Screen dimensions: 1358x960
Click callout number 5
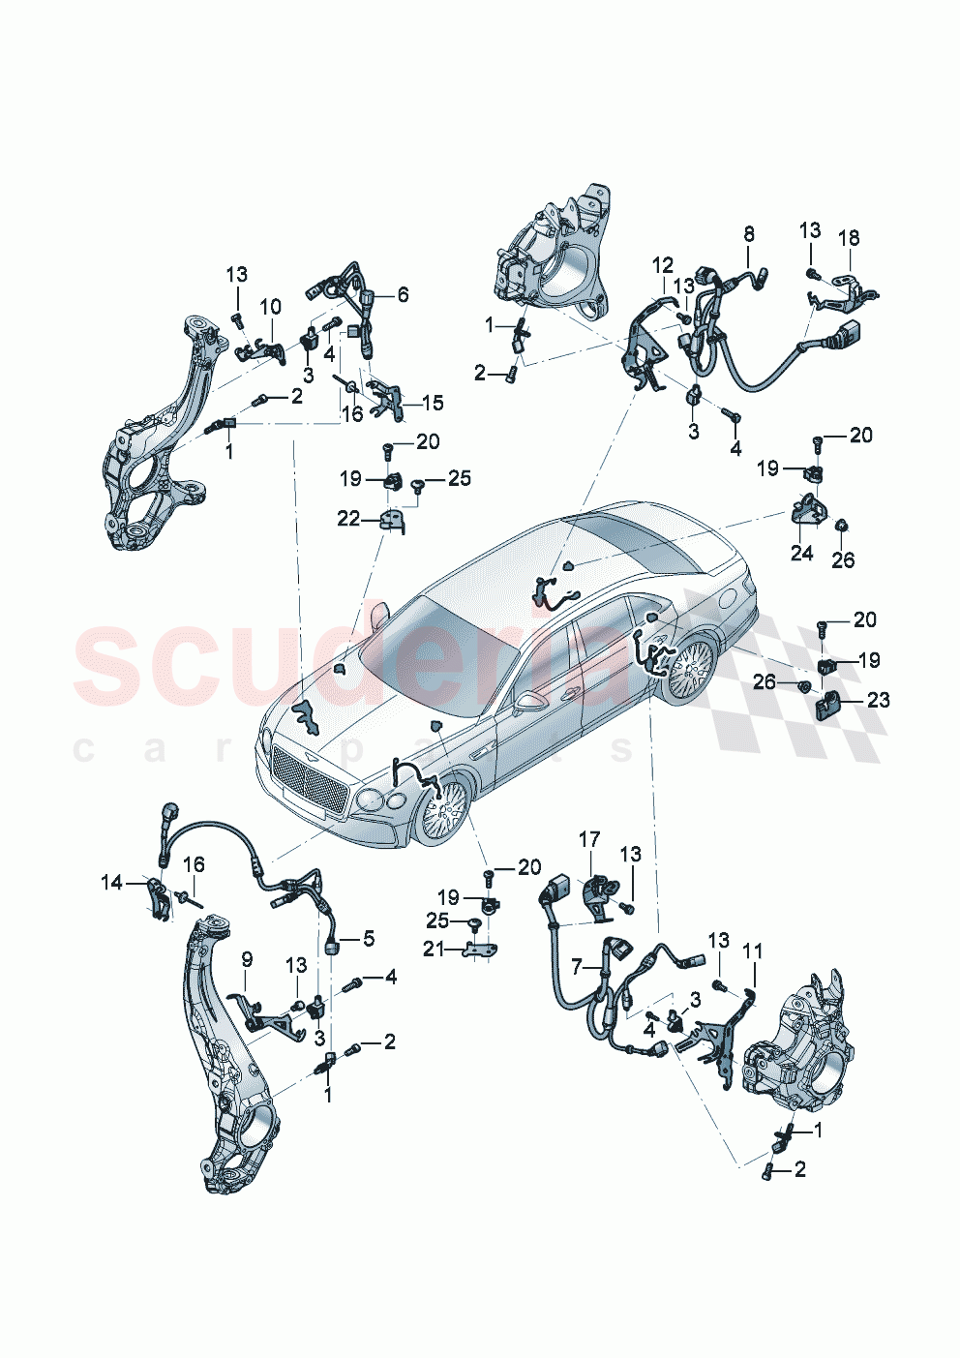tap(369, 938)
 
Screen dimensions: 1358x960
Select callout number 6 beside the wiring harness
tap(403, 294)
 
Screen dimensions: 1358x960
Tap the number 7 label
tap(577, 966)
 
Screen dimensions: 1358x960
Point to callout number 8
tap(748, 234)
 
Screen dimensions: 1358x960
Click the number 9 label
tap(247, 959)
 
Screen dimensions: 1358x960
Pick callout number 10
tap(271, 307)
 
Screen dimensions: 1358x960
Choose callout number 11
tap(753, 952)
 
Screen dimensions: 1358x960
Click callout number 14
tap(112, 882)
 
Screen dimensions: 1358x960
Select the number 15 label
tap(433, 402)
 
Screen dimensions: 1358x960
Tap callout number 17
tap(589, 839)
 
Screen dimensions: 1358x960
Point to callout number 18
tap(849, 238)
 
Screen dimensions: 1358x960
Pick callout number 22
tap(348, 519)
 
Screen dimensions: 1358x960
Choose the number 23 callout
tap(878, 699)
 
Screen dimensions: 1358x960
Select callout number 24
tap(801, 553)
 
